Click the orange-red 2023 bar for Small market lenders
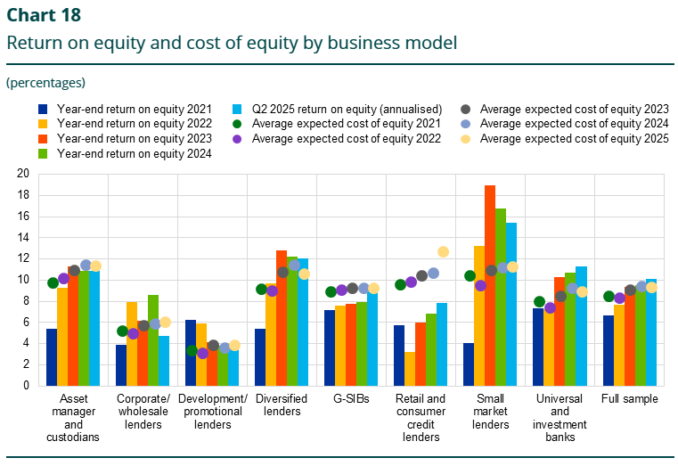tap(490, 285)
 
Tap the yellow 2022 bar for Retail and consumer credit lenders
tap(410, 368)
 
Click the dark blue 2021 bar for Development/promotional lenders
tap(191, 352)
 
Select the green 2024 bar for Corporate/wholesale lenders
tap(153, 339)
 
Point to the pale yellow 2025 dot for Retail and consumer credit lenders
tap(444, 252)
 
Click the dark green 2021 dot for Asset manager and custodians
tap(53, 282)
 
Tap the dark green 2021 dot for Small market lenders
tap(470, 275)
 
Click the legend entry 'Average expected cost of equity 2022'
tap(347, 138)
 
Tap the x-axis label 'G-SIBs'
tap(352, 399)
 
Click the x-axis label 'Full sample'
tap(630, 399)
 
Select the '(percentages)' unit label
tap(45, 82)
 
